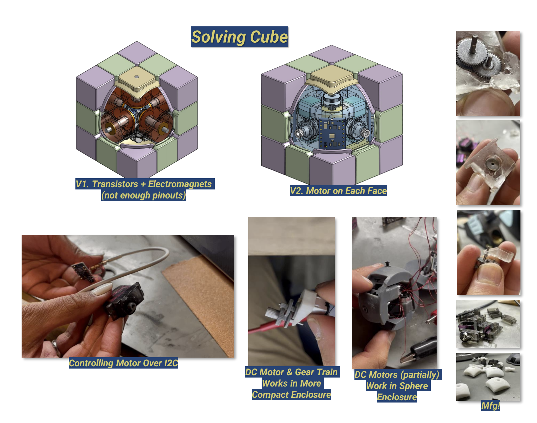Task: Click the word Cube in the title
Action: (269, 37)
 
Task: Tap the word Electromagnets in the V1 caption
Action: (180, 184)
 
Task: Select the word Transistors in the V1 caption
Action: (115, 184)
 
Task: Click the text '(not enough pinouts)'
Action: (144, 195)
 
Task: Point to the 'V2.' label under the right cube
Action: (297, 191)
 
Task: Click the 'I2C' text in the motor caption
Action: (171, 363)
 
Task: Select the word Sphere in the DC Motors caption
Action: (414, 386)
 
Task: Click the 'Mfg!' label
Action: (490, 406)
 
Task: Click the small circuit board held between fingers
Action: (83, 271)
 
